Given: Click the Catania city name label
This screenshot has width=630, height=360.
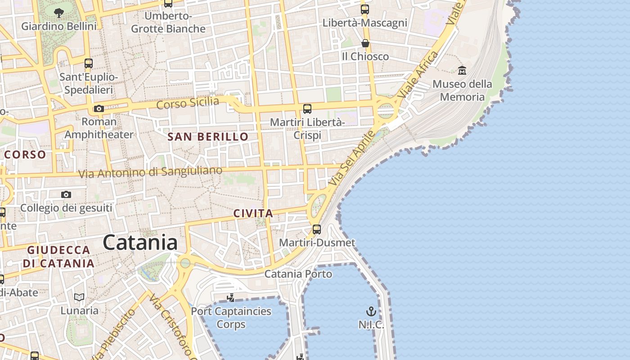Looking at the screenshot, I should [x=140, y=243].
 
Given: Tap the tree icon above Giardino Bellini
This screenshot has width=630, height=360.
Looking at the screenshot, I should [x=58, y=13].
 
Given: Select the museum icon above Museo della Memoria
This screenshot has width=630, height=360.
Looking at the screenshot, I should [x=462, y=70].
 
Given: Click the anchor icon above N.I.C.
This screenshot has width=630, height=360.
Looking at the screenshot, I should [x=371, y=311].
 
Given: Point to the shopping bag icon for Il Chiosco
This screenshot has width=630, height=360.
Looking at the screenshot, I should [x=365, y=43].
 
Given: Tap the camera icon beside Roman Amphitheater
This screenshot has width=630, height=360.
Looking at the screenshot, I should [x=99, y=108].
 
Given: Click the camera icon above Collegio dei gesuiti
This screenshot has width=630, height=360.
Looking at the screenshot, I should [x=66, y=194].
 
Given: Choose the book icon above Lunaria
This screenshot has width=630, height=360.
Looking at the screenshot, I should [x=79, y=297].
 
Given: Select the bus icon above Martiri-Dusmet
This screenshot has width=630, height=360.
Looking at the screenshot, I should [x=317, y=229].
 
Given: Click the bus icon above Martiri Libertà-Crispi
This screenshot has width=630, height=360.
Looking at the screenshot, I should [x=307, y=108].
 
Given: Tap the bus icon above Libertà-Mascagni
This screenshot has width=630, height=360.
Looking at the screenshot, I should [x=365, y=9].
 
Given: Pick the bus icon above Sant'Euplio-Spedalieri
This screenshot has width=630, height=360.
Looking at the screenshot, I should [x=89, y=63].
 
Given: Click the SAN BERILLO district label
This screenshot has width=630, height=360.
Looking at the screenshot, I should [x=208, y=137].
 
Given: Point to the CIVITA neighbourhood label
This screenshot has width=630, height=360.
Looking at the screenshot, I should [x=253, y=213].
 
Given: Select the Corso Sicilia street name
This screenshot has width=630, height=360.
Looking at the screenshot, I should [x=188, y=103].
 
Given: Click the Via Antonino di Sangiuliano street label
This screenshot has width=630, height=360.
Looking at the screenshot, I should [x=150, y=172].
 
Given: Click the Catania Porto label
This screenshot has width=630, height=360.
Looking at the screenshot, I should [x=298, y=274].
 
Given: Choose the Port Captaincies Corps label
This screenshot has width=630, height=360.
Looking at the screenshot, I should [x=231, y=318].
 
